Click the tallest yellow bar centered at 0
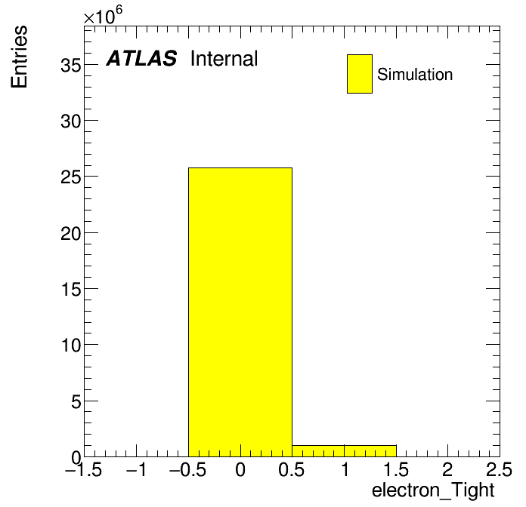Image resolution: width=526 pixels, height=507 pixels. click(x=240, y=312)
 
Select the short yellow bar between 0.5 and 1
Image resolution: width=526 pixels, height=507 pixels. click(x=318, y=451)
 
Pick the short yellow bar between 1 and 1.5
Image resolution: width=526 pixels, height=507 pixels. click(x=370, y=451)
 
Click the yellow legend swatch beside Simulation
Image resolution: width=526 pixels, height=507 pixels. click(x=360, y=74)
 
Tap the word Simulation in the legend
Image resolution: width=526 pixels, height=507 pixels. click(x=415, y=75)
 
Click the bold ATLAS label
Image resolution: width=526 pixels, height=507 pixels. click(x=141, y=58)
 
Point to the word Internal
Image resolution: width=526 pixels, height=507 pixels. click(x=224, y=59)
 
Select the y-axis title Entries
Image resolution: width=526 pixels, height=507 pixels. click(x=19, y=57)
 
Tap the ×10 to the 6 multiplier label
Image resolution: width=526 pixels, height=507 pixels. click(x=103, y=16)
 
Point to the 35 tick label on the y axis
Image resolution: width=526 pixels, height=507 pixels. click(x=71, y=66)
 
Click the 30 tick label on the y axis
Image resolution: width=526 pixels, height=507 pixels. click(x=71, y=121)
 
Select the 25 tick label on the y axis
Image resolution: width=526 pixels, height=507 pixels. click(x=71, y=177)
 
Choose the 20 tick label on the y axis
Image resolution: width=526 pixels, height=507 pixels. click(x=71, y=233)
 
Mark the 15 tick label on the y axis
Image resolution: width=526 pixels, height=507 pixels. click(x=71, y=289)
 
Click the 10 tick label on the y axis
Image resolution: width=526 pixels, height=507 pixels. click(x=71, y=346)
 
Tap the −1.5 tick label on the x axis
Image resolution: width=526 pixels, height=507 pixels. click(x=84, y=470)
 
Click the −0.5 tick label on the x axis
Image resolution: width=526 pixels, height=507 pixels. click(x=188, y=470)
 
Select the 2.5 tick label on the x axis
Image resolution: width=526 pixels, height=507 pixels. click(x=499, y=470)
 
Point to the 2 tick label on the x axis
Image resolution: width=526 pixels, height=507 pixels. click(x=447, y=470)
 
